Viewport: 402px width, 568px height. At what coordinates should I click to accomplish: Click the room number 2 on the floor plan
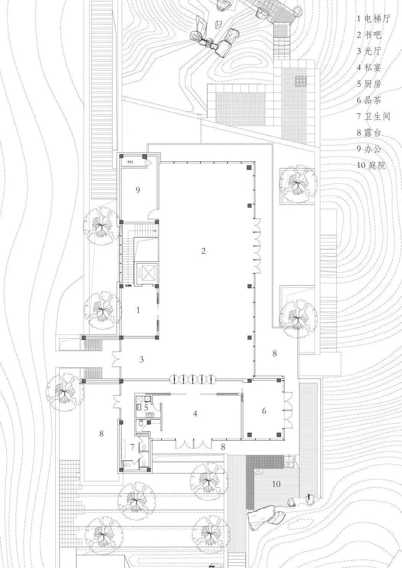[x=203, y=251]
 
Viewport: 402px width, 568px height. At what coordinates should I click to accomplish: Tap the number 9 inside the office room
[x=138, y=189]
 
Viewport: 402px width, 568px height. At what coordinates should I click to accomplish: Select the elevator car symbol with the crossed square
[x=147, y=273]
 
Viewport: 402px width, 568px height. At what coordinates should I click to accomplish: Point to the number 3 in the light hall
[x=142, y=359]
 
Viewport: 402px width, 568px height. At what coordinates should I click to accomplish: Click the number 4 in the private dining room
[x=195, y=413]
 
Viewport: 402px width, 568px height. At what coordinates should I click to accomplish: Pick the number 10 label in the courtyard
[x=276, y=484]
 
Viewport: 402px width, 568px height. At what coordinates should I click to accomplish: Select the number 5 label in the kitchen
[x=146, y=407]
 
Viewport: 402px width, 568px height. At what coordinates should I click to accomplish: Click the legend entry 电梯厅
[x=373, y=18]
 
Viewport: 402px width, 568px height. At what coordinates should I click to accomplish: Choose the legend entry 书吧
[x=369, y=35]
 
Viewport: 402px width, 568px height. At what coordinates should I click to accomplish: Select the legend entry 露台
[x=369, y=133]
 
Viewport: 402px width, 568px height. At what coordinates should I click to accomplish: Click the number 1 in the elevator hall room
[x=138, y=310]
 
